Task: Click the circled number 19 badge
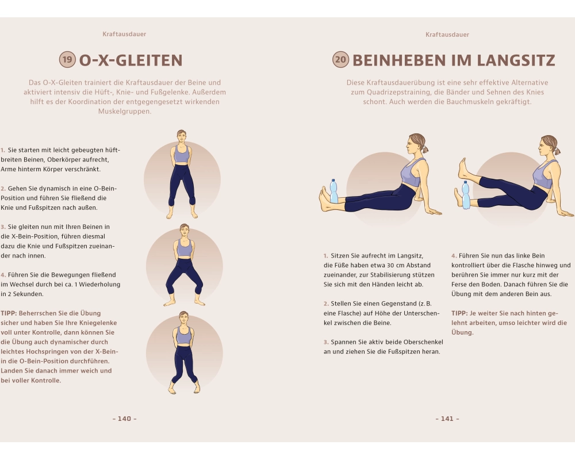pyautogui.click(x=67, y=59)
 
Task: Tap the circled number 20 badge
pyautogui.click(x=340, y=59)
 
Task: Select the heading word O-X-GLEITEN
pyautogui.click(x=131, y=60)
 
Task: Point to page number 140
pyautogui.click(x=125, y=419)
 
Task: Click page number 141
pyautogui.click(x=447, y=419)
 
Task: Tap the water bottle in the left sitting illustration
pyautogui.click(x=333, y=191)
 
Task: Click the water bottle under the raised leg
pyautogui.click(x=465, y=195)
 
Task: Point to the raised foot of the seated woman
pyautogui.click(x=463, y=168)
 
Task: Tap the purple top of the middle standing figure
pyautogui.click(x=185, y=248)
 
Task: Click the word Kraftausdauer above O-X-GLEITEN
pyautogui.click(x=124, y=34)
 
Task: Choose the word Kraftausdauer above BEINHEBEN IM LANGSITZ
pyautogui.click(x=447, y=34)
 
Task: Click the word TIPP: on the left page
pyautogui.click(x=9, y=313)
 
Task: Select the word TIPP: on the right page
pyautogui.click(x=459, y=313)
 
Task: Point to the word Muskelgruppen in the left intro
pyautogui.click(x=125, y=112)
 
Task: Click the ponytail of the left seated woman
pyautogui.click(x=424, y=149)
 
